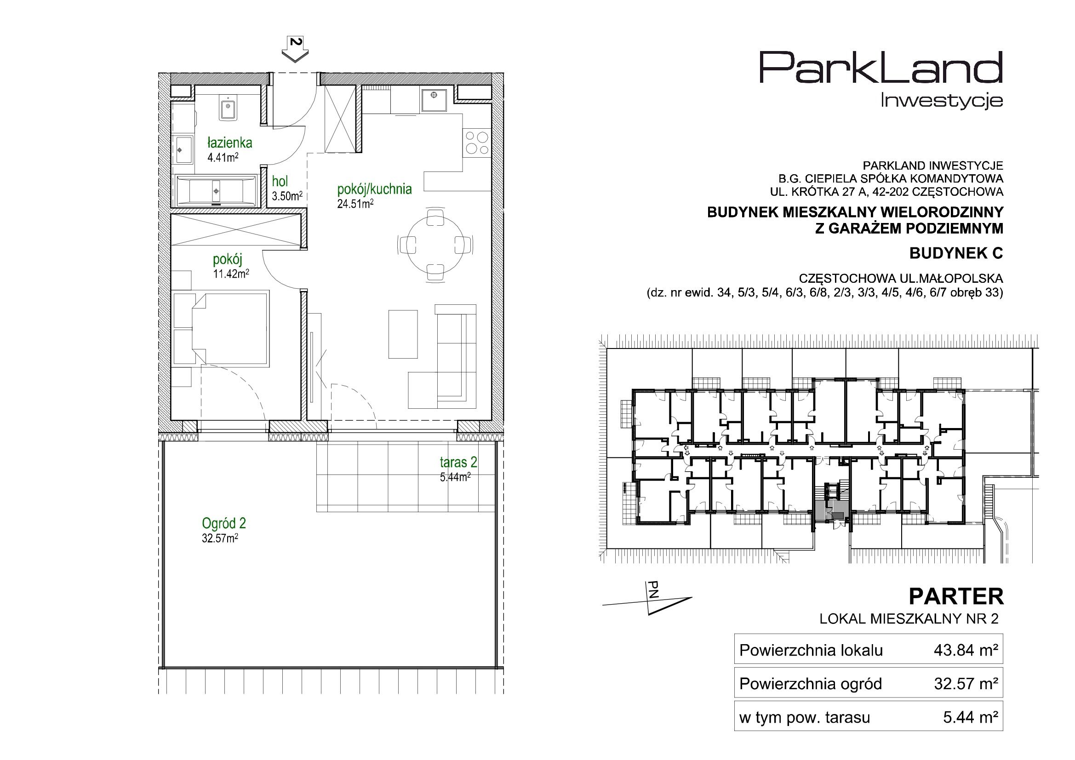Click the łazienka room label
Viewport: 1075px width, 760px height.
click(230, 143)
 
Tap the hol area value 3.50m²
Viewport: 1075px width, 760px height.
click(287, 196)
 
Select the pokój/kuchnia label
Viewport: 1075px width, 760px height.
click(375, 189)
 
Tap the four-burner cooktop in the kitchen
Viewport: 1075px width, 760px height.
click(477, 143)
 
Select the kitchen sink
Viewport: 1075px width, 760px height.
click(435, 99)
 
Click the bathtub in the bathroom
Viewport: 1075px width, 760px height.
click(216, 191)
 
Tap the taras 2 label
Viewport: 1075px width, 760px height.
click(458, 462)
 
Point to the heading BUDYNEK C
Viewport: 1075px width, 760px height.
click(956, 253)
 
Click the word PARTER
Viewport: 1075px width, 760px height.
click(956, 597)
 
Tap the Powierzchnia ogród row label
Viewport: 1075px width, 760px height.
click(811, 684)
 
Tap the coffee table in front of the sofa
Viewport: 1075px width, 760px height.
click(403, 334)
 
